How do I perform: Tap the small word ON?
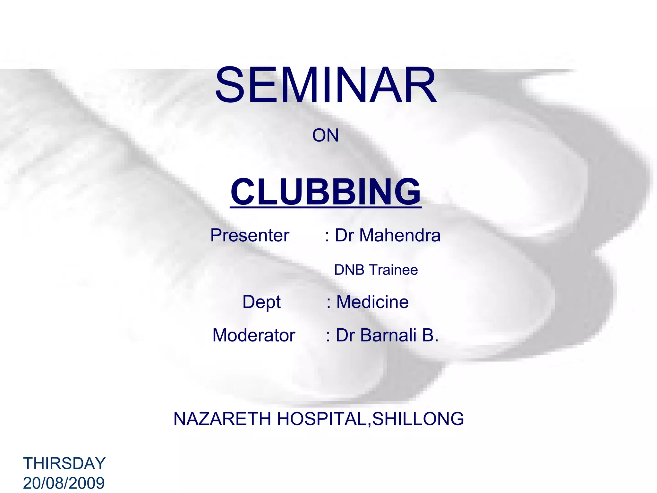325,135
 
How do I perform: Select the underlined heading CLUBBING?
325,192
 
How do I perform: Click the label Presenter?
250,235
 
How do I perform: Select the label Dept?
261,302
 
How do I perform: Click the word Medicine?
372,302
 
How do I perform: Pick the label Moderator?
254,335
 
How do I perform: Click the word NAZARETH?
222,419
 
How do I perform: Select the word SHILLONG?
418,419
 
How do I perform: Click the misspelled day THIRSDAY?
64,463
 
